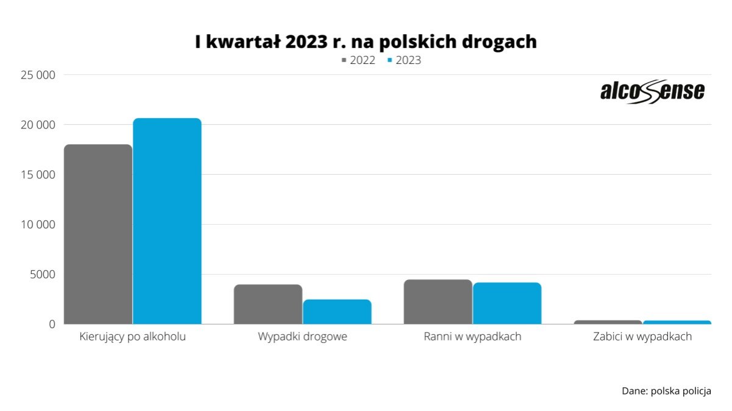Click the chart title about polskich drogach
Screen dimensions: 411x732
(366, 42)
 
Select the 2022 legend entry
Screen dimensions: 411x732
(358, 60)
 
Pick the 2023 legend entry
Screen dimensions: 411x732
(404, 60)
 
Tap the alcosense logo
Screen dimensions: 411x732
(652, 92)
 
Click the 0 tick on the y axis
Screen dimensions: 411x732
(52, 325)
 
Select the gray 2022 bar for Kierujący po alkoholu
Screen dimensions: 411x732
(98, 234)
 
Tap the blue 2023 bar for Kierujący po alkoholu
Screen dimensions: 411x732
(167, 221)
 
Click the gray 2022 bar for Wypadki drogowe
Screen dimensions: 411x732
(268, 304)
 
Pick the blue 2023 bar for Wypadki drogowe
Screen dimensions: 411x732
(337, 311)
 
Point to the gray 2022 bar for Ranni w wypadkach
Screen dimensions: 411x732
(438, 301)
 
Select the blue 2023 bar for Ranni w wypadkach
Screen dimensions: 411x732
(507, 303)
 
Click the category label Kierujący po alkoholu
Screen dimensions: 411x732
(132, 337)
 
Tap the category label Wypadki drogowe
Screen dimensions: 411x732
(302, 337)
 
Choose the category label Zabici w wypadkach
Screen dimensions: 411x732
(642, 337)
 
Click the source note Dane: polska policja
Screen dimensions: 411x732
(666, 391)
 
